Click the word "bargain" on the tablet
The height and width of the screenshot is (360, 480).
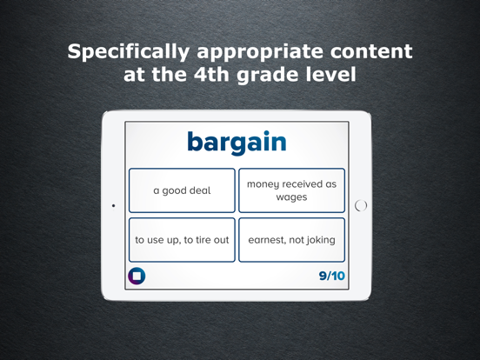point(237,143)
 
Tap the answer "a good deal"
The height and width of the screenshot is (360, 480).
point(182,190)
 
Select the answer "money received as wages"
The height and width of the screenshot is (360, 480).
point(291,190)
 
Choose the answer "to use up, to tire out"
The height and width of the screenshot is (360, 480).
point(182,240)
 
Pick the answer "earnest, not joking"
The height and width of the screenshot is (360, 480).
point(291,240)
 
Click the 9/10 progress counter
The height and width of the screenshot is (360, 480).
point(331,277)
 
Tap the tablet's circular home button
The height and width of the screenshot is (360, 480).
point(361,206)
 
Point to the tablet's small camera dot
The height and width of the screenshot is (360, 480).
point(114,206)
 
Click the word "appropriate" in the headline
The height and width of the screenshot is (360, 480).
point(269,51)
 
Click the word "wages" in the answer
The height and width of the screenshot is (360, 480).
point(291,197)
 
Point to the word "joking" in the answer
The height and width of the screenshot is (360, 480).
point(317,240)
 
